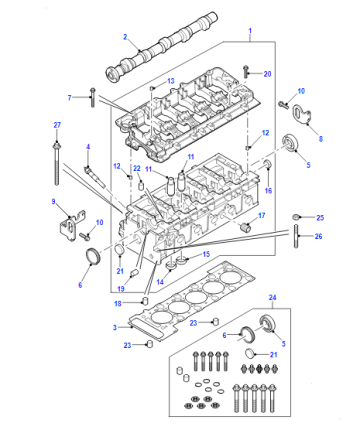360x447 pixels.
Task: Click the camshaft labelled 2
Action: coord(162,47)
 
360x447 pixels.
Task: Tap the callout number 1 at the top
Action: coord(250,31)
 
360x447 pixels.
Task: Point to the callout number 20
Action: coord(267,74)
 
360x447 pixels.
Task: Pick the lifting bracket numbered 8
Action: coord(302,115)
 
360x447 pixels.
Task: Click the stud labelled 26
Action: coord(296,236)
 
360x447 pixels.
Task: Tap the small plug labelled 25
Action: coord(295,217)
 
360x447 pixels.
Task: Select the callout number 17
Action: coord(262,215)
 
